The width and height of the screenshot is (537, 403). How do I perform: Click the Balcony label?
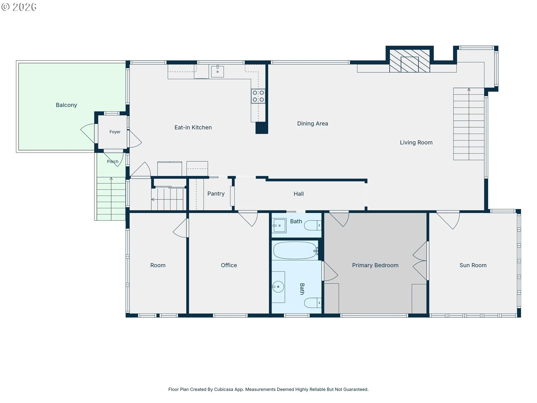[x=66, y=105]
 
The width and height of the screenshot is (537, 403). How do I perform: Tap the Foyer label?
[x=115, y=132]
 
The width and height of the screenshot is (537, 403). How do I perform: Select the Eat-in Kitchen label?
[x=193, y=127]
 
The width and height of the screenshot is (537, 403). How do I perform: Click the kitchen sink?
[x=217, y=71]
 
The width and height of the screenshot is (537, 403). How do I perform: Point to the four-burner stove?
[x=258, y=96]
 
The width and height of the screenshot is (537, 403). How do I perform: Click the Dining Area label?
[x=312, y=123]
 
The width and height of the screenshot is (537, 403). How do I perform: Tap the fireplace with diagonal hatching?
[x=410, y=61]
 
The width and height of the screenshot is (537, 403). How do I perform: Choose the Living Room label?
[x=416, y=142]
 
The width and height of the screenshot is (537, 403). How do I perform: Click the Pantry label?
[x=216, y=194]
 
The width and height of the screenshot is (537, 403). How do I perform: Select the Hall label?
[x=299, y=194]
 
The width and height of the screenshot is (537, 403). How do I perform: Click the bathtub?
[x=295, y=250]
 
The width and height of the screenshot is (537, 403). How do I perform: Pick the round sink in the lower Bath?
[x=278, y=287]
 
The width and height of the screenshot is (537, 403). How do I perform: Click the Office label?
[x=229, y=265]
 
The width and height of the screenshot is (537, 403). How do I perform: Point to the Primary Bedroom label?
[x=375, y=265]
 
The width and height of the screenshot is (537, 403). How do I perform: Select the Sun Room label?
[x=473, y=265]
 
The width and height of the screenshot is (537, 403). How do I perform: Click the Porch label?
[x=113, y=161]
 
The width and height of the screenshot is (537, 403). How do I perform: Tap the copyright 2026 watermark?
[x=19, y=7]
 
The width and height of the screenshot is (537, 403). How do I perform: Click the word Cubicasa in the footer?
[x=223, y=389]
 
